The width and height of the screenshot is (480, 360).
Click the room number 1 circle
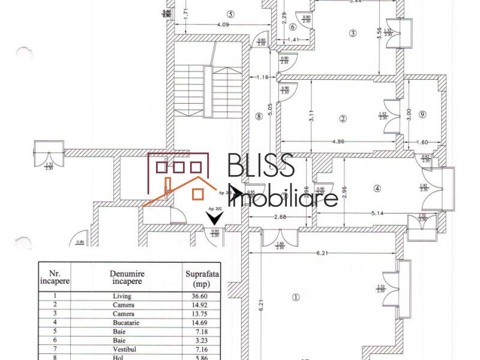tap(295, 297)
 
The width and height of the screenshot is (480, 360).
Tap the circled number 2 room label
tap(343, 118)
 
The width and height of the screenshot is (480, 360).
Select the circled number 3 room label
tap(353, 34)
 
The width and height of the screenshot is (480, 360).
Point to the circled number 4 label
tap(377, 188)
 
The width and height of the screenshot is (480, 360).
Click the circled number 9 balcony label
tap(422, 115)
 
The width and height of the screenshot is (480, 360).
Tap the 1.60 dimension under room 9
tap(422, 143)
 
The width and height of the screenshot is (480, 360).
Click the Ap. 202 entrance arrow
tap(214, 219)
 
